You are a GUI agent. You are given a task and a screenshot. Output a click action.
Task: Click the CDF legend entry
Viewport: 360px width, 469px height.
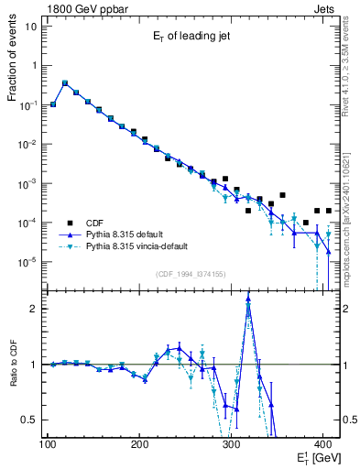(95, 222)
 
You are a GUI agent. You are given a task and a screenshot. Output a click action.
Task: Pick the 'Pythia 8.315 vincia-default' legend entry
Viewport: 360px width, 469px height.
(143, 246)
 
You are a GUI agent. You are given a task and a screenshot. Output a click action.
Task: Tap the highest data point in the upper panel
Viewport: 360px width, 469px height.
(64, 82)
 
